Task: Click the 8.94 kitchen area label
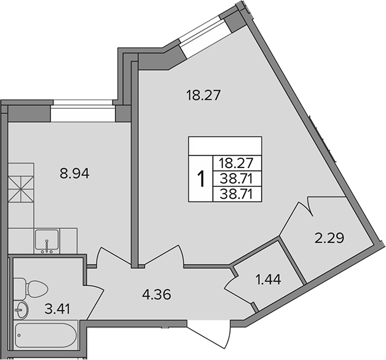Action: click(73, 174)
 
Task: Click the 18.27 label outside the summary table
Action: click(203, 95)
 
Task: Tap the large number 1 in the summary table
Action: click(200, 179)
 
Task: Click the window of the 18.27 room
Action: click(203, 33)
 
